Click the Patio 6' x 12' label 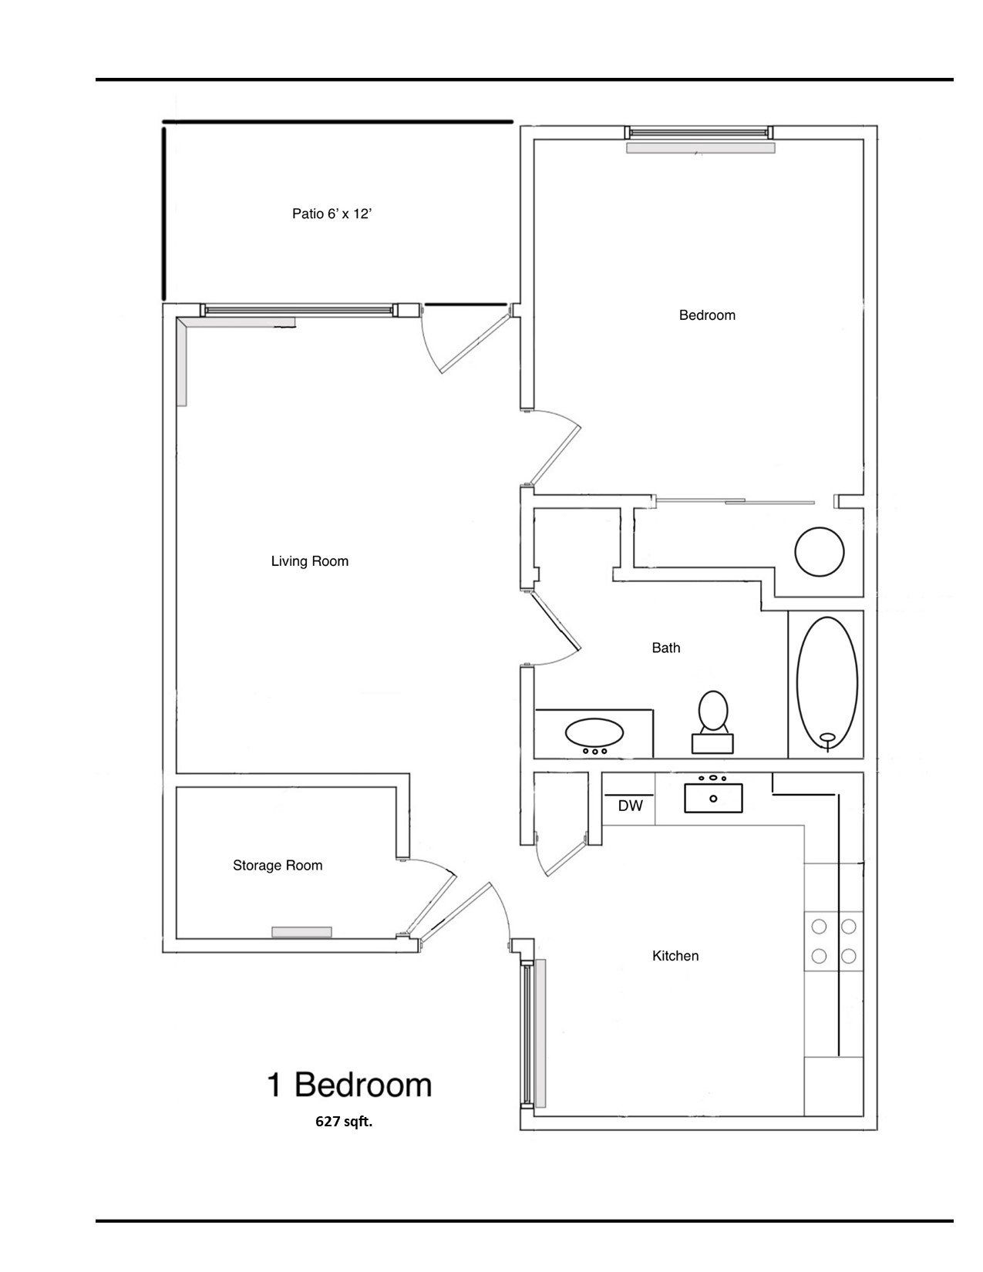(x=332, y=214)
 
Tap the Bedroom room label (x=707, y=315)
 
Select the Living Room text (x=309, y=561)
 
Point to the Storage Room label (x=278, y=866)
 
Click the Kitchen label (x=675, y=956)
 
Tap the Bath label (x=666, y=648)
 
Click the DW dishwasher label (x=630, y=806)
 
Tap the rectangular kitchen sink (x=713, y=798)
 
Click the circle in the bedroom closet (x=820, y=551)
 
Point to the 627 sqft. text (x=343, y=1122)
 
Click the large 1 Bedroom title (x=349, y=1085)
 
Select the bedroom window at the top (x=698, y=133)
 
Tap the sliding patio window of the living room (x=301, y=310)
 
